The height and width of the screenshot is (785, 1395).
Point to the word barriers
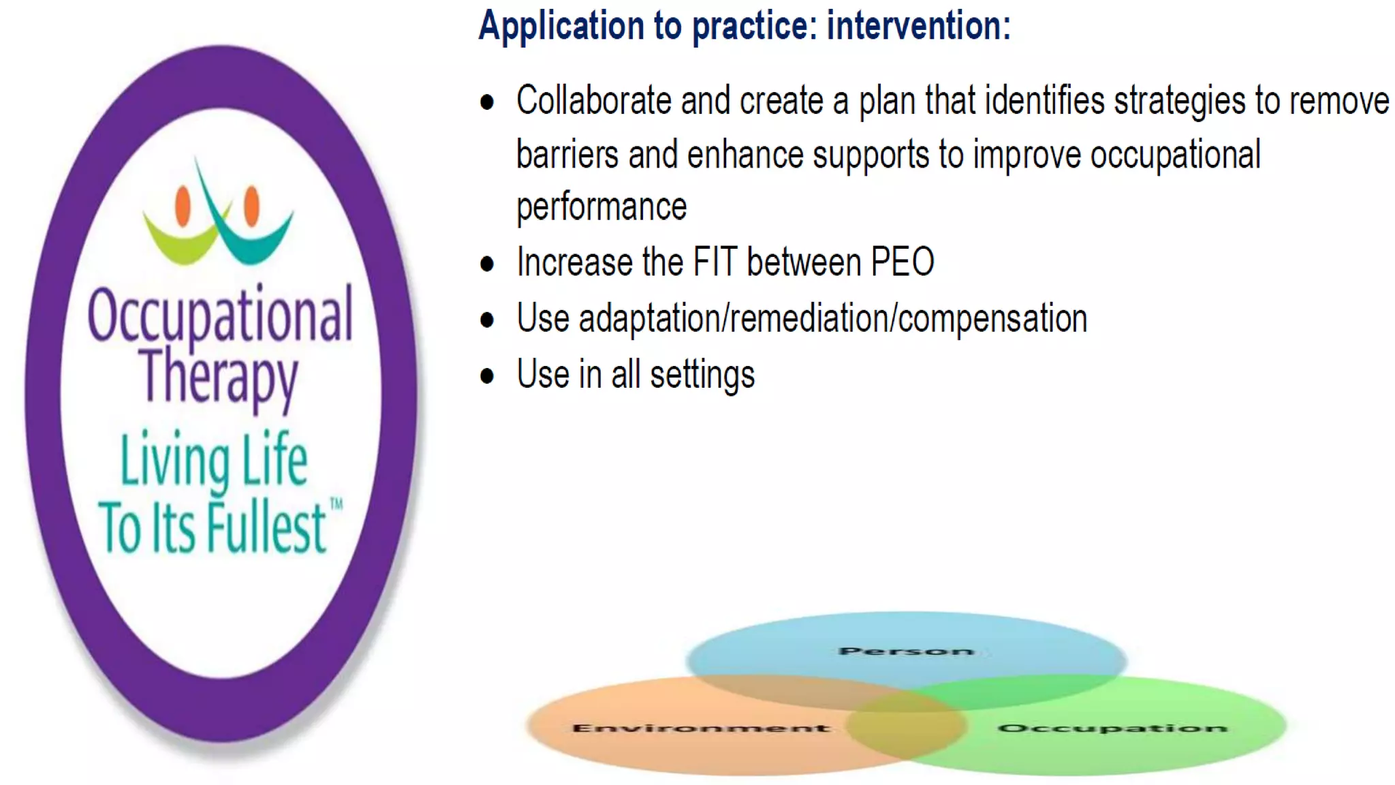point(567,155)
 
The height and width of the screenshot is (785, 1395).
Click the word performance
point(601,208)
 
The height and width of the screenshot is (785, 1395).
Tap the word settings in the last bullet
point(702,375)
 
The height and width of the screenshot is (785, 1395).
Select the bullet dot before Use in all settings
point(487,376)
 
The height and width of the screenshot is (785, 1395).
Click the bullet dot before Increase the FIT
point(487,264)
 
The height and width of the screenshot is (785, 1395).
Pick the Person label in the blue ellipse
point(906,651)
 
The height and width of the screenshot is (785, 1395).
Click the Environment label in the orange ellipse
point(701,728)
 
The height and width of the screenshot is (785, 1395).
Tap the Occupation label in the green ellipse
point(1112,728)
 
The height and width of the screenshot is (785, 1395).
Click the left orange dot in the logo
point(183,205)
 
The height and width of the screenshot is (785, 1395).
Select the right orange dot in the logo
point(251,205)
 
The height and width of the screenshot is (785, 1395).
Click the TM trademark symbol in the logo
point(336,505)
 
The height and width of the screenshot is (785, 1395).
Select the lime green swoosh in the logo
point(178,243)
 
